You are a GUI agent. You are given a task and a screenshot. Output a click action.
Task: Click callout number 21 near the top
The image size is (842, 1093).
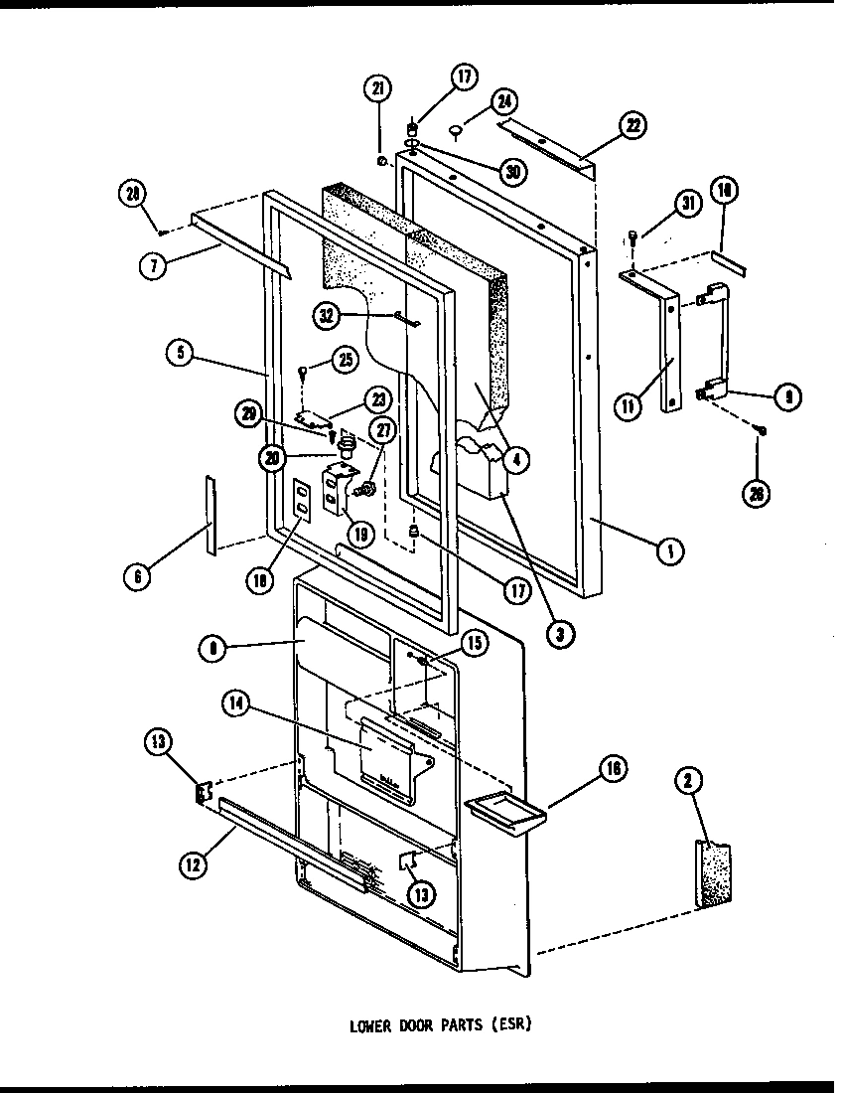(x=377, y=89)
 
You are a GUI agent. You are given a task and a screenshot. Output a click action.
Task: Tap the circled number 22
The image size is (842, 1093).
(x=631, y=125)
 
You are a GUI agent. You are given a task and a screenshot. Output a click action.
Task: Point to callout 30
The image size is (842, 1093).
(x=512, y=170)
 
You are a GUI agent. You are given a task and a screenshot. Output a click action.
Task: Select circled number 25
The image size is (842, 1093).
(x=345, y=359)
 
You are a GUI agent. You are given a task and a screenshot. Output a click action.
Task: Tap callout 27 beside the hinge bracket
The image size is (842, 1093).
(x=382, y=428)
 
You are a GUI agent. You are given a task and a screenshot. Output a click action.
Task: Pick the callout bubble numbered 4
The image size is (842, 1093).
(x=515, y=459)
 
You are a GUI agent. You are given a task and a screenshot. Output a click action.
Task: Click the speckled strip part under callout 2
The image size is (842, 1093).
(x=712, y=874)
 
